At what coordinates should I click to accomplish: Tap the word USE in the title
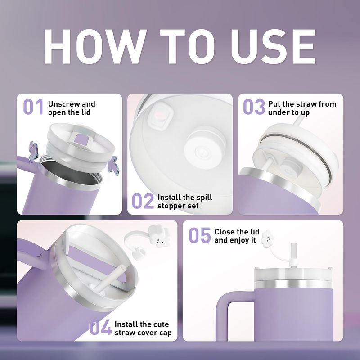[x=273, y=46]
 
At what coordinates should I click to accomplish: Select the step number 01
[x=33, y=107]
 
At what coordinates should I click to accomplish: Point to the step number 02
[x=143, y=201]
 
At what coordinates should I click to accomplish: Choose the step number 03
[x=254, y=107]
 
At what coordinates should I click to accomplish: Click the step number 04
[x=100, y=327]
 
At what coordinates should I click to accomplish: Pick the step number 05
[x=200, y=235]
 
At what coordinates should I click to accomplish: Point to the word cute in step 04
[x=160, y=324]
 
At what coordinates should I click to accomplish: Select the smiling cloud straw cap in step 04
[x=159, y=237]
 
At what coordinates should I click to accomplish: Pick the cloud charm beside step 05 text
[x=267, y=239]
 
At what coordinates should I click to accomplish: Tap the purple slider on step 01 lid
[x=81, y=139]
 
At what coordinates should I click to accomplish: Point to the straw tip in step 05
[x=293, y=245]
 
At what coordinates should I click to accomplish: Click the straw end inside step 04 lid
[x=121, y=268]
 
